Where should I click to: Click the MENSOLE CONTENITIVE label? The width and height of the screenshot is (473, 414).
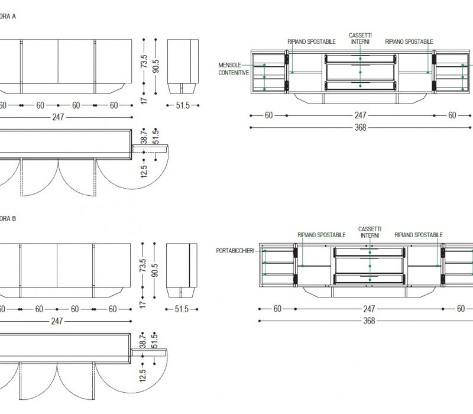click(x=234, y=69)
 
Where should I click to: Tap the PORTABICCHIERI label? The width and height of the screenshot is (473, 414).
click(x=236, y=251)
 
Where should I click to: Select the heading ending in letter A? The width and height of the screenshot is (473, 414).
click(x=8, y=16)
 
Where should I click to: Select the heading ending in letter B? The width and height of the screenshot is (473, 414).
click(x=8, y=219)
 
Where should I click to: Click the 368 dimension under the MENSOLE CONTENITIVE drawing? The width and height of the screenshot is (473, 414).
click(x=360, y=127)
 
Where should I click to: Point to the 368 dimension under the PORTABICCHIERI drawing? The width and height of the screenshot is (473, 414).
click(x=369, y=321)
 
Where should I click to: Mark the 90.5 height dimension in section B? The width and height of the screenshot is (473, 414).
click(x=154, y=266)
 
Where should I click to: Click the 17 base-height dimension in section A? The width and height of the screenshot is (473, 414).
click(x=144, y=101)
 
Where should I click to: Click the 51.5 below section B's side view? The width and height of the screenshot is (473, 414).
click(x=182, y=309)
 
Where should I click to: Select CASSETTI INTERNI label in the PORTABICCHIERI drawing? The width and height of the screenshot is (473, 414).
click(x=370, y=232)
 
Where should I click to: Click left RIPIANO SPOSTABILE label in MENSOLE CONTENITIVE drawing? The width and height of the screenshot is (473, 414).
click(x=312, y=42)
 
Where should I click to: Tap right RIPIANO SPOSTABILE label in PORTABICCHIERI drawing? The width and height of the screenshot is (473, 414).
click(x=419, y=235)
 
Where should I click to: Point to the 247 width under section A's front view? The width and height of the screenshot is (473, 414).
click(x=57, y=117)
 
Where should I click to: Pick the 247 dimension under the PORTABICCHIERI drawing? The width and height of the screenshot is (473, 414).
click(x=369, y=309)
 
